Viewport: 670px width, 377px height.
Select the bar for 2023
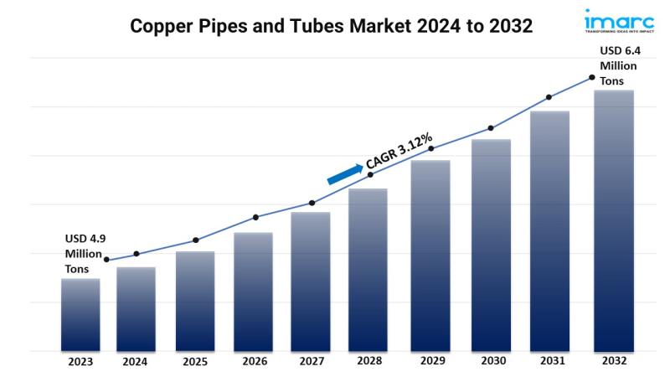tap(80, 314)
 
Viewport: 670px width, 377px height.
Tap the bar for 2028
tap(368, 268)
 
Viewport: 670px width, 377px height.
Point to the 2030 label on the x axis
tap(491, 362)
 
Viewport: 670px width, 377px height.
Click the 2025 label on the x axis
tap(194, 362)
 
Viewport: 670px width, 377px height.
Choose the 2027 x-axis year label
tap(312, 362)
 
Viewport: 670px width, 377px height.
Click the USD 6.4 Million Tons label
tap(618, 65)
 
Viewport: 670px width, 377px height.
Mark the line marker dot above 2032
tap(592, 77)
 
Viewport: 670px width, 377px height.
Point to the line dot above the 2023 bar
tap(106, 260)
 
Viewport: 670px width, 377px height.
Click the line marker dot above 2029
tap(431, 148)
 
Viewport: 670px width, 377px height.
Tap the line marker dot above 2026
tap(255, 217)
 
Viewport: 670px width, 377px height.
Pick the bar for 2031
tap(549, 230)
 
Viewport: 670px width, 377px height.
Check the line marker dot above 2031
tap(549, 97)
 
